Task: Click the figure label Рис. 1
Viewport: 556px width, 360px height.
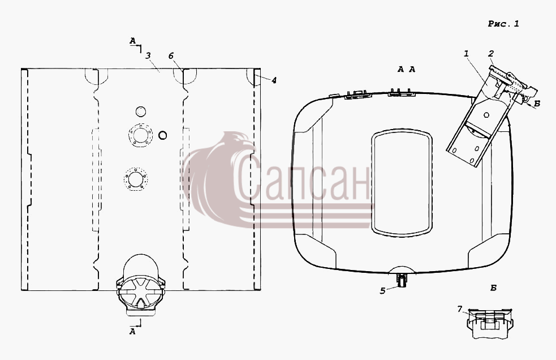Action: pyautogui.click(x=503, y=24)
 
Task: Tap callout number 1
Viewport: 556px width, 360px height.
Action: pyautogui.click(x=466, y=54)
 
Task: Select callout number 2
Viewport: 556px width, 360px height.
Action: pyautogui.click(x=491, y=54)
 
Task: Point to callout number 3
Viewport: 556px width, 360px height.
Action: pyautogui.click(x=148, y=55)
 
